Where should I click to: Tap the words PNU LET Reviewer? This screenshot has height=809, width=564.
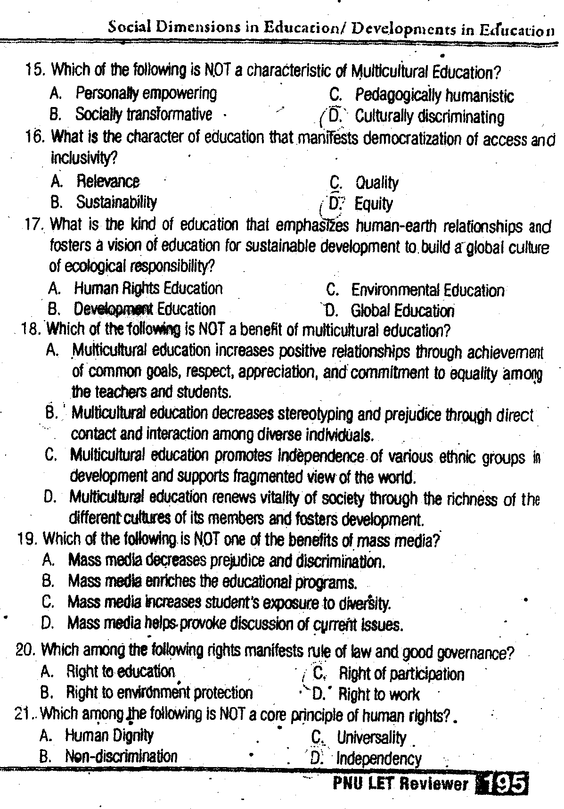click(401, 784)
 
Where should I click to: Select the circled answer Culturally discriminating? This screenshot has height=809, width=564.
click(429, 116)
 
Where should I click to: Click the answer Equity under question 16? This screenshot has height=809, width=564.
click(373, 204)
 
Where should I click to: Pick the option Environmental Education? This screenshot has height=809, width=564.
click(427, 290)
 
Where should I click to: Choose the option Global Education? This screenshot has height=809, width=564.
click(402, 311)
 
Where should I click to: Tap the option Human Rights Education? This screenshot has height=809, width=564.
click(148, 288)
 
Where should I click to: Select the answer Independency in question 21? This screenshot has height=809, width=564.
click(379, 759)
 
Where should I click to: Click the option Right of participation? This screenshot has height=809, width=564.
click(401, 674)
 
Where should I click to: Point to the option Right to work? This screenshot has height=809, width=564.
click(379, 694)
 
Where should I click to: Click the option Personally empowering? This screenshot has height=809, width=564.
click(147, 93)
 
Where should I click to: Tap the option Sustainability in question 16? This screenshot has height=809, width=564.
click(116, 202)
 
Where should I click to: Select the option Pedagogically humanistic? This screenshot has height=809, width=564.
click(434, 96)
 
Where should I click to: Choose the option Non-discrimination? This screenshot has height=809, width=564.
click(121, 756)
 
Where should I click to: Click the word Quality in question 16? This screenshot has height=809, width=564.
click(376, 182)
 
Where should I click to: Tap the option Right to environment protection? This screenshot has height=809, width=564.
click(159, 693)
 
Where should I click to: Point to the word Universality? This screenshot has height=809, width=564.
click(371, 737)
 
